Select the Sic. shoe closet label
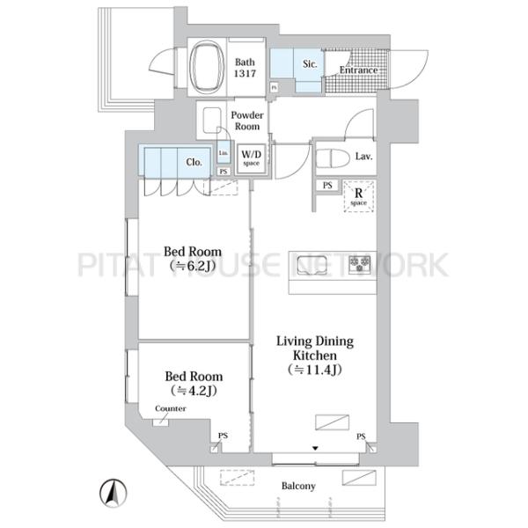[x=310, y=64]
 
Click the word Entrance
[x=358, y=70]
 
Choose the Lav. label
[x=363, y=157]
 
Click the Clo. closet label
[x=194, y=162]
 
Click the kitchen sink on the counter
[x=312, y=264]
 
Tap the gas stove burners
[x=359, y=264]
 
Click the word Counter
[x=169, y=409]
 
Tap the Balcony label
[x=299, y=486]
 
